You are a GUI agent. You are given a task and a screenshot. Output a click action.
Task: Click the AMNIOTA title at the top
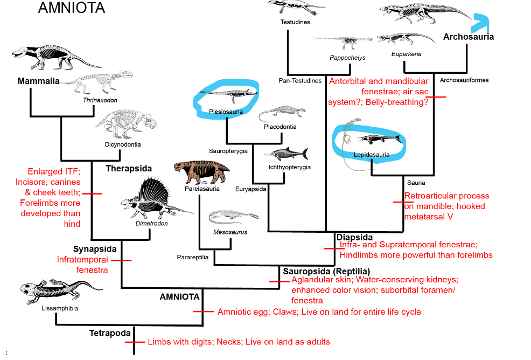[x=71, y=9]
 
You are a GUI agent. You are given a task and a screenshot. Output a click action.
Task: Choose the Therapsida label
[x=129, y=168]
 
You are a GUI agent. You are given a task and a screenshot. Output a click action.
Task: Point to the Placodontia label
[x=280, y=127]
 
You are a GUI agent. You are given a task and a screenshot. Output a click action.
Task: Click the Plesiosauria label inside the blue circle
[x=226, y=112]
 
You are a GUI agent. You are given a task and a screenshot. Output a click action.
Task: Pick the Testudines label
[x=295, y=22]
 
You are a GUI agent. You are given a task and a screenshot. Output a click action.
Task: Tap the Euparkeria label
[x=407, y=54]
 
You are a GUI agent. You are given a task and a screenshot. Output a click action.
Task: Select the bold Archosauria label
[x=468, y=37]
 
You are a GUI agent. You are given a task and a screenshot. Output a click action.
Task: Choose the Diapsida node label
[x=354, y=237]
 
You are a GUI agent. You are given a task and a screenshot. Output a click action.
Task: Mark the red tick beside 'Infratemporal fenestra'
[x=122, y=260]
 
